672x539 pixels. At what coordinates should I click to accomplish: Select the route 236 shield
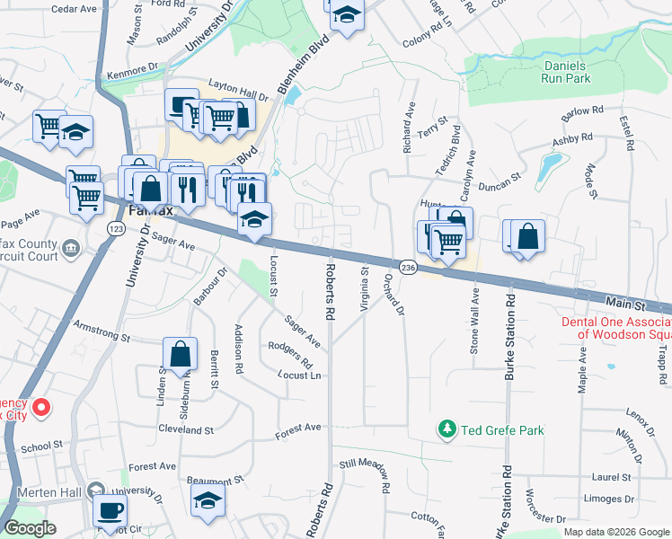point(408,269)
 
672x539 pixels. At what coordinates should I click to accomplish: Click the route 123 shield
point(116,229)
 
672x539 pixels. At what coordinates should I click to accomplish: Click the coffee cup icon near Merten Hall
point(111,510)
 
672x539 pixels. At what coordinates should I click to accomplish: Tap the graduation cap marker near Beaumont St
point(208,499)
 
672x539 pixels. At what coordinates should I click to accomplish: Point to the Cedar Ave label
point(74,9)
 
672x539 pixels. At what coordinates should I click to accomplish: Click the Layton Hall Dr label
point(239,88)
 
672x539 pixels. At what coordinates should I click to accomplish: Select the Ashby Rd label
point(572,139)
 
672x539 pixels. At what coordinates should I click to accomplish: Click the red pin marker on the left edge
point(40,409)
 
